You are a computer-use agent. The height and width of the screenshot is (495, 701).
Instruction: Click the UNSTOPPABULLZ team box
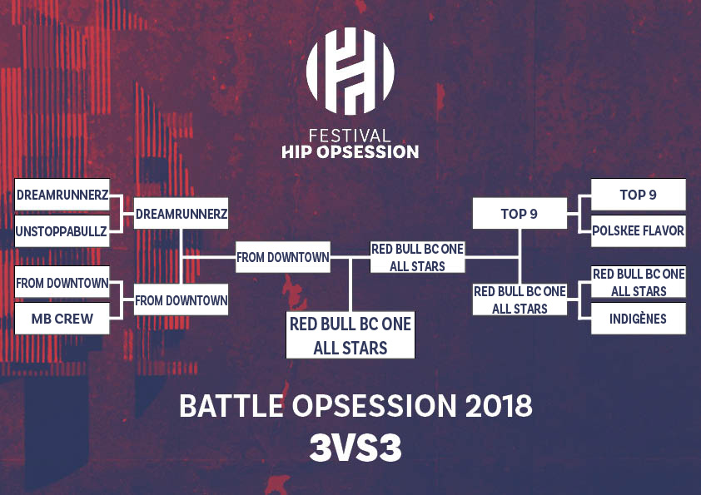62,231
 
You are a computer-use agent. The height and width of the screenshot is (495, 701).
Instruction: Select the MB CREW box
62,319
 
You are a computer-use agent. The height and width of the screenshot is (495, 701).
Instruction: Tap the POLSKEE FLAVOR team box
638,231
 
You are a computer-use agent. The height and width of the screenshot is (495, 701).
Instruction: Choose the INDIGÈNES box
638,319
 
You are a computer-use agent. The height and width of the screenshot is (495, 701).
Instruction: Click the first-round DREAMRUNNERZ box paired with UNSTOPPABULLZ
62,195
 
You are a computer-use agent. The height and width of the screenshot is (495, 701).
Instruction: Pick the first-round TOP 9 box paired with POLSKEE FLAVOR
638,195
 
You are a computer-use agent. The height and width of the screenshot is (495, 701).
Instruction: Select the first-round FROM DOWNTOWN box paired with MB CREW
62,282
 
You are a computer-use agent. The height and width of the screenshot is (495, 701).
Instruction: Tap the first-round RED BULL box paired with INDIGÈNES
638,282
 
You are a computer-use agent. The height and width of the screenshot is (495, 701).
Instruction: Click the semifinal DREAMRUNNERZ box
181,214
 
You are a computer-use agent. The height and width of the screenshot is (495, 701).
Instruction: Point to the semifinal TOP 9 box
520,214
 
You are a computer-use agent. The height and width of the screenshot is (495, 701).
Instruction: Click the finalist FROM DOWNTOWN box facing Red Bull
283,257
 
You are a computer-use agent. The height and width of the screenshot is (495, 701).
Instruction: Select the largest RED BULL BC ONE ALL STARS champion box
350,335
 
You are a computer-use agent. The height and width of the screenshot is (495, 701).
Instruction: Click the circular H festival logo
350,71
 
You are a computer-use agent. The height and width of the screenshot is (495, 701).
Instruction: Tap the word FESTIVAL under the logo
350,136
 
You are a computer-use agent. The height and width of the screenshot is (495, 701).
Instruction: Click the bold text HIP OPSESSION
350,152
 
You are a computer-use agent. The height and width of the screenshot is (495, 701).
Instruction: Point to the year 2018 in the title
499,406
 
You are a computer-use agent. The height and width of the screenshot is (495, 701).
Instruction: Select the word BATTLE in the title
231,406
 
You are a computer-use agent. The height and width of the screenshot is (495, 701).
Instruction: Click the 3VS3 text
355,448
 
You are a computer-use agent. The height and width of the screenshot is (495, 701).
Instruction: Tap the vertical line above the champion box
350,285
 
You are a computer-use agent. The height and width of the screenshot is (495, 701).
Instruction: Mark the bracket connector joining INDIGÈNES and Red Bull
579,300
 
